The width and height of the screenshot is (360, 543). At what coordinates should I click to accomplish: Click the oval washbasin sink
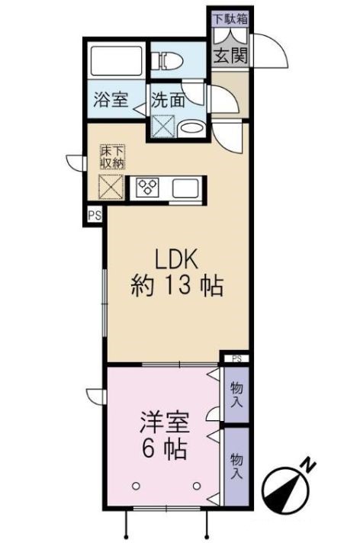[192, 128]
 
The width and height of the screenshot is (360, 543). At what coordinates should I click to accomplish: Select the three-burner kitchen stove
[147, 186]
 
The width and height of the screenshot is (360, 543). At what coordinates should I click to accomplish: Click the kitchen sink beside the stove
[185, 187]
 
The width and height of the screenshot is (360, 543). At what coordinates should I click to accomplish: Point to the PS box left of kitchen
[94, 215]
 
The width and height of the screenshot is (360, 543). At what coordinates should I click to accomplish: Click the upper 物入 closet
[236, 394]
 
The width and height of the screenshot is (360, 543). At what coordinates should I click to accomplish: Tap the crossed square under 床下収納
[112, 185]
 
